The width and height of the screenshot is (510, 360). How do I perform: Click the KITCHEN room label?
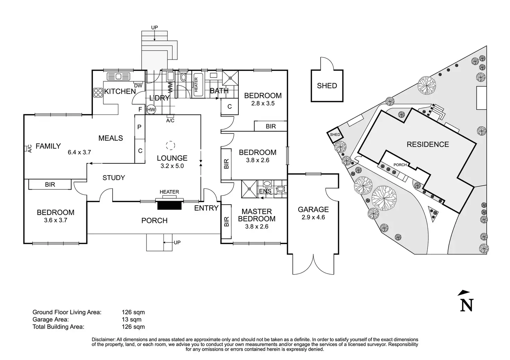tap(120, 91)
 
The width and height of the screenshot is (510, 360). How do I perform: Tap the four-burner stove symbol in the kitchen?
tap(98, 92)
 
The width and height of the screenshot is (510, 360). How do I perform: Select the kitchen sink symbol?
tap(118, 76)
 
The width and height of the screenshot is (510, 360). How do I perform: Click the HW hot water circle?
tap(151, 110)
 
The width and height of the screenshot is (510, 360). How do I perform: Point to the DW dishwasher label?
tap(138, 86)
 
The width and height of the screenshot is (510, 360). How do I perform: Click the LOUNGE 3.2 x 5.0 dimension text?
tap(172, 166)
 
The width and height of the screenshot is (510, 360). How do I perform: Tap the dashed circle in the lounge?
tap(170, 145)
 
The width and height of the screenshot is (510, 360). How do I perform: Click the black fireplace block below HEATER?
tap(170, 206)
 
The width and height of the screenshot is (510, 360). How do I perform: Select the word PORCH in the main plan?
tap(155, 220)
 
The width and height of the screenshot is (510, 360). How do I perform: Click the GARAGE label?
tap(313, 209)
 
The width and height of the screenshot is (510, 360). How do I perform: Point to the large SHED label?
tap(327, 86)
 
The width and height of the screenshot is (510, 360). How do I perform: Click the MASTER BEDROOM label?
tap(257, 215)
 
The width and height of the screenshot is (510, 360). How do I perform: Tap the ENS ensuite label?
tap(265, 191)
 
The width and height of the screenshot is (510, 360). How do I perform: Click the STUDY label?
tap(114, 178)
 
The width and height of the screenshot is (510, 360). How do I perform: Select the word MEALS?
tap(111, 138)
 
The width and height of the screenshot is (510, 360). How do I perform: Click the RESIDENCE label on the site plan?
tap(428, 144)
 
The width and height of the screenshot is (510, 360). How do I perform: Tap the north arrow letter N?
tap(467, 305)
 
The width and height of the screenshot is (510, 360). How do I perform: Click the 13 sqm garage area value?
tap(132, 319)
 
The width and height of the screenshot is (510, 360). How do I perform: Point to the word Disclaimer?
tap(104, 340)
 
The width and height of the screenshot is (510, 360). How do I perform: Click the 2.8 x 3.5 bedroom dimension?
tap(263, 103)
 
